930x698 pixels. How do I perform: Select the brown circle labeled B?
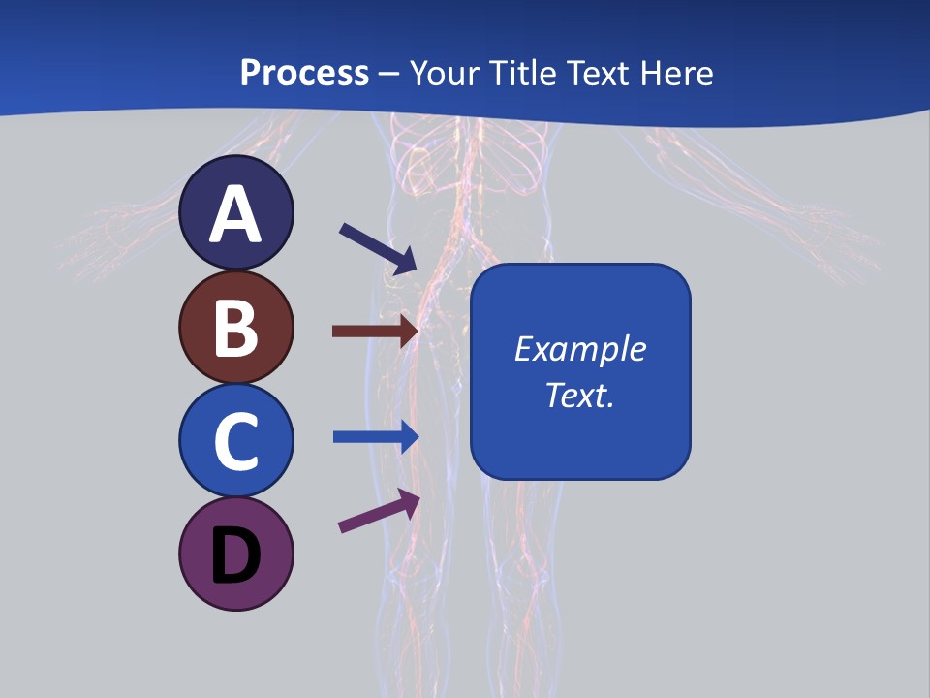click(x=236, y=327)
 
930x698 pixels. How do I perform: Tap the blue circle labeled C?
click(x=236, y=440)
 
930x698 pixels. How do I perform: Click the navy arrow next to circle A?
click(x=378, y=247)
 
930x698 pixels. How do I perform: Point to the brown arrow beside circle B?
click(x=375, y=332)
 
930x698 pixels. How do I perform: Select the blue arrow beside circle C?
click(x=375, y=436)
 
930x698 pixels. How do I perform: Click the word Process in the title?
click(x=304, y=73)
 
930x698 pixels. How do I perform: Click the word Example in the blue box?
click(x=579, y=349)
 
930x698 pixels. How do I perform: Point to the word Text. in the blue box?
click(x=579, y=395)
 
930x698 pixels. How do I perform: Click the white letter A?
click(x=236, y=215)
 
